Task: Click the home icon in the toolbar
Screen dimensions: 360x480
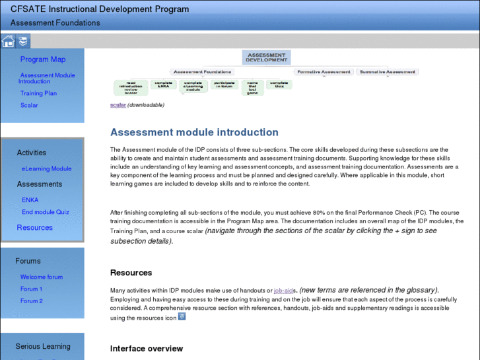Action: click(8, 42)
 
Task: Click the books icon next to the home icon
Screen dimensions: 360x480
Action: click(23, 42)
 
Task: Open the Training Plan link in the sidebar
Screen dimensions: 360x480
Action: click(38, 93)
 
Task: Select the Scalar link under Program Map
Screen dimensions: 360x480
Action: click(29, 105)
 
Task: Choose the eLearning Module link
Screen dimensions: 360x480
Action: click(46, 168)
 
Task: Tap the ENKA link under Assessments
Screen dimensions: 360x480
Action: click(30, 199)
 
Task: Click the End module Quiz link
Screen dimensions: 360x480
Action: click(45, 212)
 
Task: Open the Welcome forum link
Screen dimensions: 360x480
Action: click(42, 277)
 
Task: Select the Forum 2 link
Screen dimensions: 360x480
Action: click(31, 301)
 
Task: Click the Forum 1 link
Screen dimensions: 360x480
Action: click(31, 289)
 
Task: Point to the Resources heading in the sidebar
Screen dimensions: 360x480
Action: click(34, 227)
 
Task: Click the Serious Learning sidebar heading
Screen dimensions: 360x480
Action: click(43, 346)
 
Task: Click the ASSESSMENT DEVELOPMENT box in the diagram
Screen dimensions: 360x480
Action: click(266, 57)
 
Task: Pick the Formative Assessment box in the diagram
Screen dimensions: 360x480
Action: click(324, 71)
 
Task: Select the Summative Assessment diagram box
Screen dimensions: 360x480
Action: click(388, 71)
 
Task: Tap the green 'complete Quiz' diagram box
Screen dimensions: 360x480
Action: click(279, 85)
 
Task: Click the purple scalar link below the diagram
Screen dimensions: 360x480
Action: click(118, 105)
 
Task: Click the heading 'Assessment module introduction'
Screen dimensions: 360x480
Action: click(194, 132)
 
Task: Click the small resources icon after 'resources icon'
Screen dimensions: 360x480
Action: click(182, 316)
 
